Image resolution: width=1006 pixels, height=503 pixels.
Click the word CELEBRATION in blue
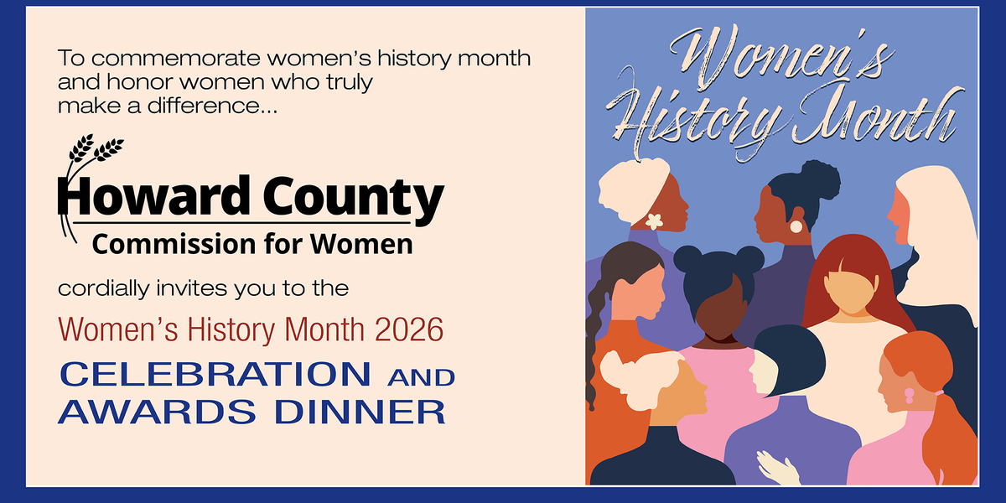215,375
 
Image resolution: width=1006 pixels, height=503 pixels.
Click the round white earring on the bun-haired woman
796,226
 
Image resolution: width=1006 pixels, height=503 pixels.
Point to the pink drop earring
909,395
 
